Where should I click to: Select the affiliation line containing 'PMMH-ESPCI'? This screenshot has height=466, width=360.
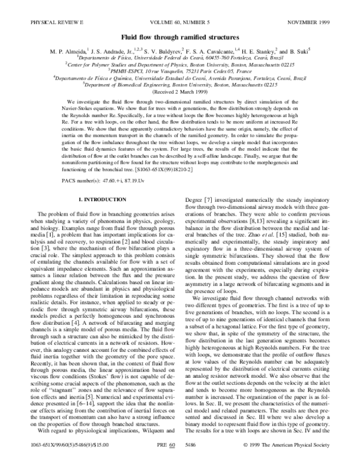pos(180,70)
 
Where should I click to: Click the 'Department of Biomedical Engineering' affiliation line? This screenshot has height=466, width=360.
pos(180,86)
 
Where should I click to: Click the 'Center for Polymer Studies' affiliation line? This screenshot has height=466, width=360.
pos(180,63)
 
